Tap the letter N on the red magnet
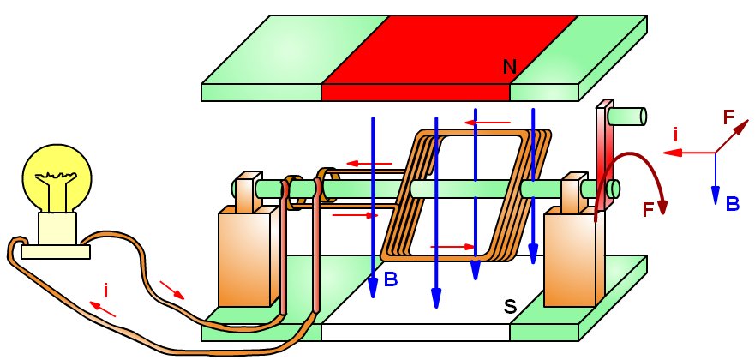pyautogui.click(x=509, y=65)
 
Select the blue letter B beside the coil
pyautogui.click(x=391, y=279)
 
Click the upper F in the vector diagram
pyautogui.click(x=729, y=117)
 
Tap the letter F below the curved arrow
pyautogui.click(x=648, y=208)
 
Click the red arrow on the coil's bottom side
pyautogui.click(x=452, y=247)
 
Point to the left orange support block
pyautogui.click(x=244, y=257)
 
